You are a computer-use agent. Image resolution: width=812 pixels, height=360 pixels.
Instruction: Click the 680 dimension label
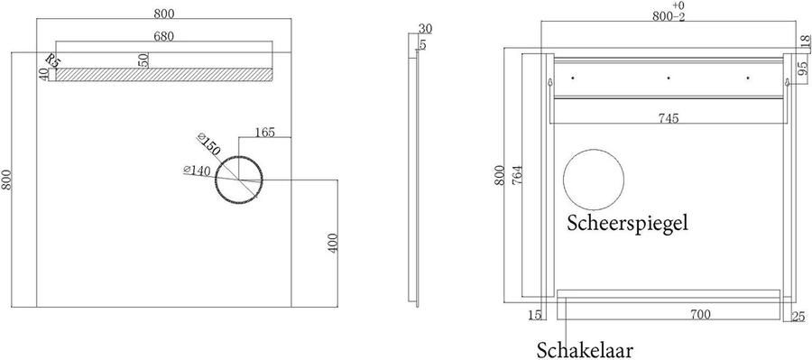tap(163, 36)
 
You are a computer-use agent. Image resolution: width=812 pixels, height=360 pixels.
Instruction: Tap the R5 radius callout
tap(53, 60)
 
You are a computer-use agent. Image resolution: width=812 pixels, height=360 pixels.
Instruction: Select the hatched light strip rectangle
tap(163, 75)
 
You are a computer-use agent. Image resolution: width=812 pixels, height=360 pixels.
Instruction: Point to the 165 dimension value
tap(264, 132)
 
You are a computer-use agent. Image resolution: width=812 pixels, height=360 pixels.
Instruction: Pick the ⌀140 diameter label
tap(198, 171)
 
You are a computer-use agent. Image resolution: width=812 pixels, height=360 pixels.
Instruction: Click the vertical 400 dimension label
tap(333, 243)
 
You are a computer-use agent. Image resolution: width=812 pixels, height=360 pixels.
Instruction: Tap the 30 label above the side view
tap(425, 29)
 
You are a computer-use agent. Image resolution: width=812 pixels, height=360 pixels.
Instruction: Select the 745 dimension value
tap(668, 118)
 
